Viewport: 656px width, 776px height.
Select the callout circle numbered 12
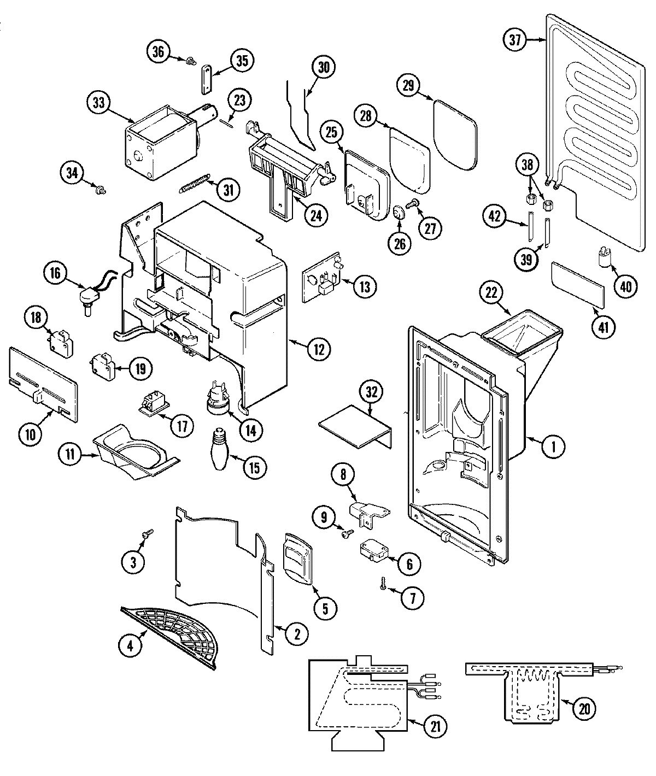[x=319, y=349]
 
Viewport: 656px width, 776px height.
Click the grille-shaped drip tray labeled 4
[x=174, y=634]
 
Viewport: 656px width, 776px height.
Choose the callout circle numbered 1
[x=554, y=447]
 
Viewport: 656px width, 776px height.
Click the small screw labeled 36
[x=192, y=61]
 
